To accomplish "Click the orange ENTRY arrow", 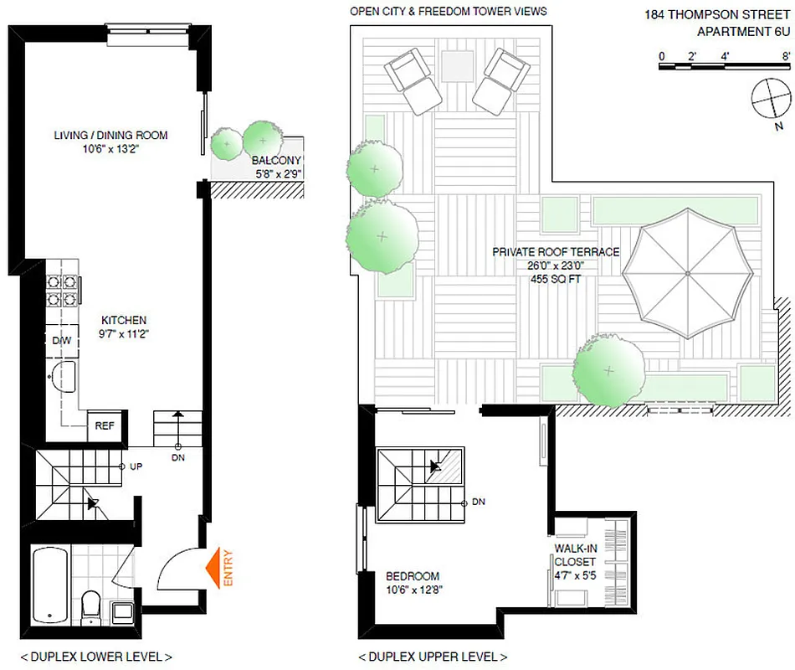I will (x=219, y=567).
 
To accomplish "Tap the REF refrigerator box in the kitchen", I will (x=105, y=425).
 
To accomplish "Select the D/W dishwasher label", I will (x=60, y=340).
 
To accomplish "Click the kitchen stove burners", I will (x=62, y=289).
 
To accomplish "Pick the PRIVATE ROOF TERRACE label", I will (x=556, y=252).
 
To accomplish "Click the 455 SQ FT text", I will (x=556, y=279).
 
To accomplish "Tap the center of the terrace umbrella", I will (x=687, y=273).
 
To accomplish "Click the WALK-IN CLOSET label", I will (x=575, y=555).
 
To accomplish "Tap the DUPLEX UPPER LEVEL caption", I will (x=432, y=657).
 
